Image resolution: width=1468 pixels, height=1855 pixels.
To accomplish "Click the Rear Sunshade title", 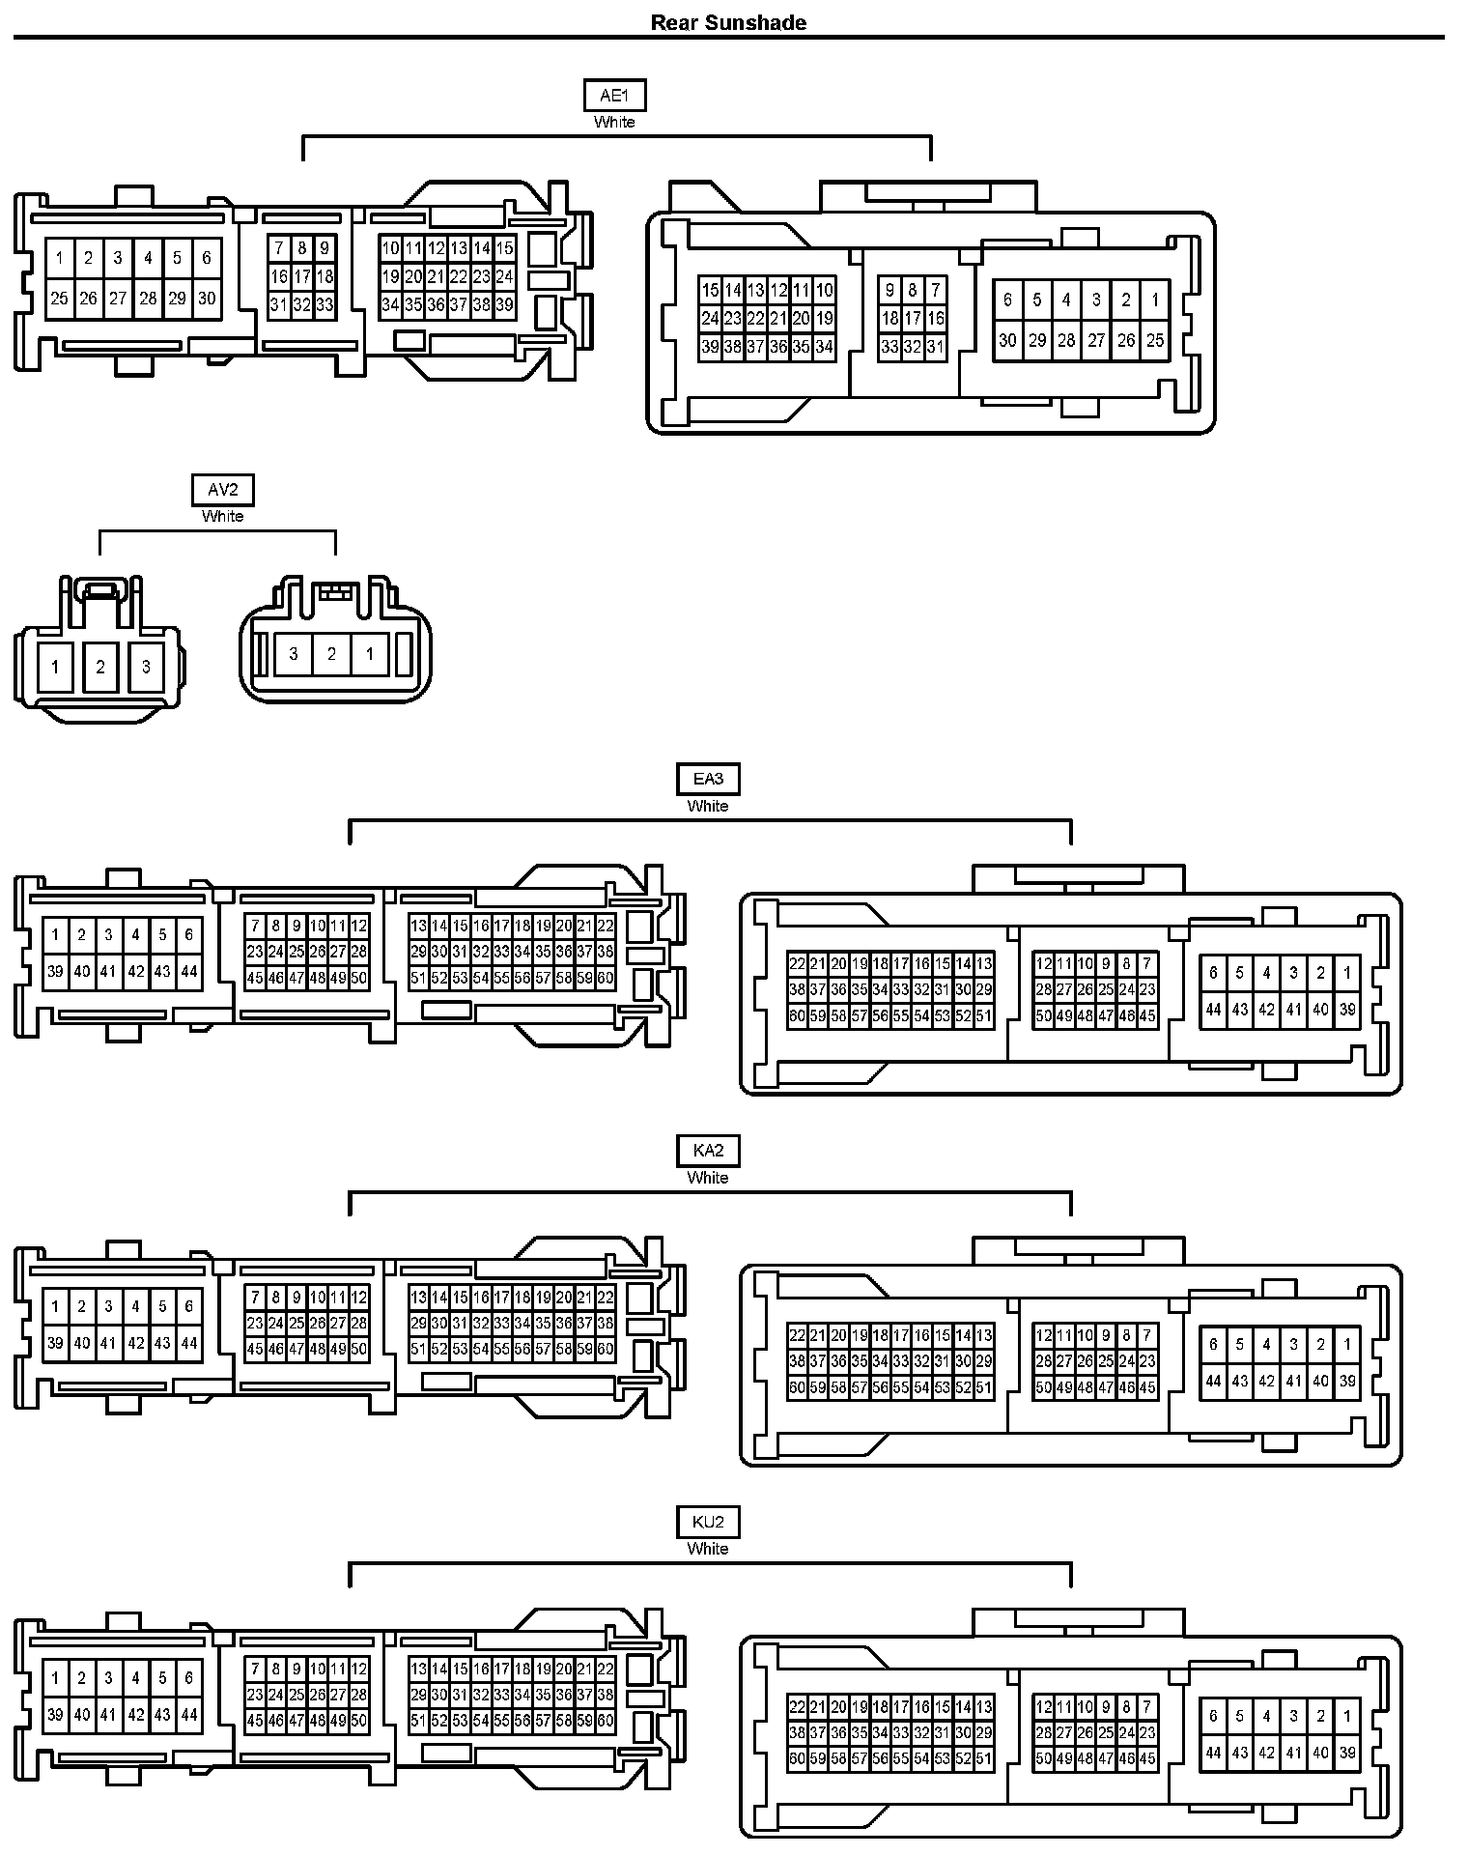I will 728,23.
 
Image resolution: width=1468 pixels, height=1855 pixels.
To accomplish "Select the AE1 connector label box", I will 614,96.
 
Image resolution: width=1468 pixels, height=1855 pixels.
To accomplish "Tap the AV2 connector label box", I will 222,490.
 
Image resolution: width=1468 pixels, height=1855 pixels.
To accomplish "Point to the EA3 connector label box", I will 708,780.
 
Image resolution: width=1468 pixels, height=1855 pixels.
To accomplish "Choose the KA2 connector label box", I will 708,1151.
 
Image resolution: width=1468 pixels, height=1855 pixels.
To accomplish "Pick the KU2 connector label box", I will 708,1523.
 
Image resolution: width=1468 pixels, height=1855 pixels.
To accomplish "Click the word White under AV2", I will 222,516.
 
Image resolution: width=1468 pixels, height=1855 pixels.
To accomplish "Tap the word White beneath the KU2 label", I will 708,1549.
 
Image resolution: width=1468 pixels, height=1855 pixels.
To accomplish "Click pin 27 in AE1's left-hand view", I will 118,299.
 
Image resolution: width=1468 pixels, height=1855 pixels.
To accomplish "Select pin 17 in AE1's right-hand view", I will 913,318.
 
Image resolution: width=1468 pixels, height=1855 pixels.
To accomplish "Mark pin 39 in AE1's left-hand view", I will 504,305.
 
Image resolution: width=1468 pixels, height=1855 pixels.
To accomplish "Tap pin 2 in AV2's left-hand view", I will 100,667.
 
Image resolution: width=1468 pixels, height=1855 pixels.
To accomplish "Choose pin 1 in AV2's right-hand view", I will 369,654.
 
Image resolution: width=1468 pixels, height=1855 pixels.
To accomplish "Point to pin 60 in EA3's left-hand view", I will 606,978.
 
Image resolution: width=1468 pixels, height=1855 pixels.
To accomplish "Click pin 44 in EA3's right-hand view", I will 1214,1010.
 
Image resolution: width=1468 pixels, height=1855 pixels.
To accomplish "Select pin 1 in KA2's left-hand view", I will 56,1307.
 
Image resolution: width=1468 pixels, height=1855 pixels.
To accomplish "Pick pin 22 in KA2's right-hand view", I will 797,1336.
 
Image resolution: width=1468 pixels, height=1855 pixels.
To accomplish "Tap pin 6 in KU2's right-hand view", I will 1214,1716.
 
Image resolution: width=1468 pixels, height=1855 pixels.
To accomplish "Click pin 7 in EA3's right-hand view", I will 1147,963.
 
